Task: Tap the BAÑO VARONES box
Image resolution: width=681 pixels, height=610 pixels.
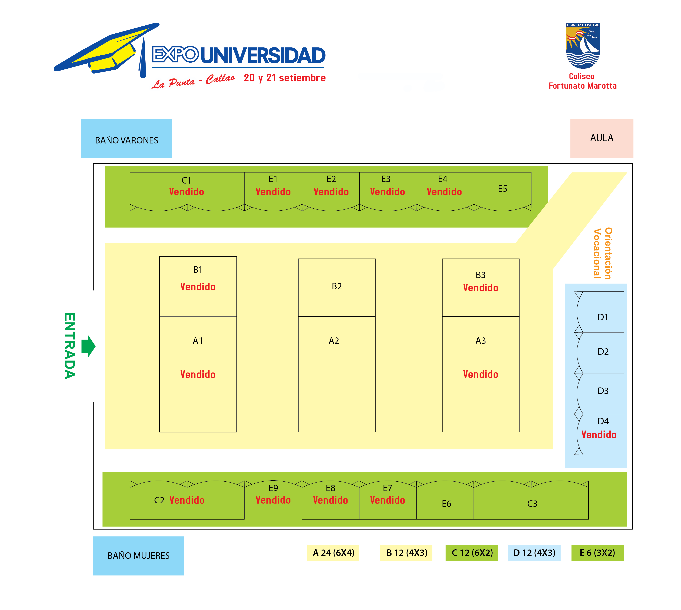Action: tap(127, 138)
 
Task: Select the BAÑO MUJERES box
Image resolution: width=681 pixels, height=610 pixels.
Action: tap(139, 556)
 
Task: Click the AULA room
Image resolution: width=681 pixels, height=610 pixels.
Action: tap(602, 138)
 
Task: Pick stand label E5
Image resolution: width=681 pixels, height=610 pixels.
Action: tap(502, 189)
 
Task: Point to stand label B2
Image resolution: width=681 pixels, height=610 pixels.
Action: tap(337, 286)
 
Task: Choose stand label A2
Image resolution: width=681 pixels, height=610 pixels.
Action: tap(334, 341)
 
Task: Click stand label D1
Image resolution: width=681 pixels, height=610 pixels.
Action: tap(603, 317)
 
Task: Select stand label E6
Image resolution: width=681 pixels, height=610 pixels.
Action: tap(446, 504)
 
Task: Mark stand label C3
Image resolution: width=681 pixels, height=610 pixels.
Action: tap(532, 504)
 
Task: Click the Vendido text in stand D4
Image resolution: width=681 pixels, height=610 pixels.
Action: tap(599, 435)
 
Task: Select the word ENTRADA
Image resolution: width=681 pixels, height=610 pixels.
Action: tap(69, 346)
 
